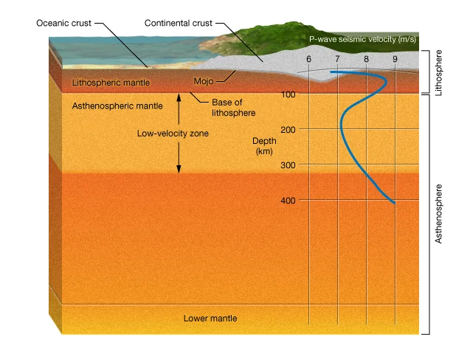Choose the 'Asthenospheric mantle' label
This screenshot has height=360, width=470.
(117, 106)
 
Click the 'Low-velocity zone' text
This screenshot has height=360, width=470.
(173, 134)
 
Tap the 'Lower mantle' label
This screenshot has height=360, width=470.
(210, 319)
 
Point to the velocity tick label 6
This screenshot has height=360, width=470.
(308, 58)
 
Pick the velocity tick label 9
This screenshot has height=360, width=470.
(395, 58)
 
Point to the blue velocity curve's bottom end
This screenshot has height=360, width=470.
(394, 202)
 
